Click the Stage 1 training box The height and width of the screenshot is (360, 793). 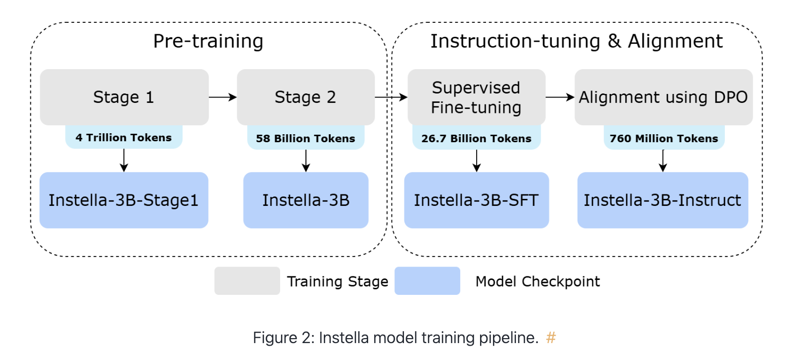click(x=124, y=97)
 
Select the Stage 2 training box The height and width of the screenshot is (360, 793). click(x=305, y=97)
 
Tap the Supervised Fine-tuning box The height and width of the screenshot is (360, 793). click(x=476, y=97)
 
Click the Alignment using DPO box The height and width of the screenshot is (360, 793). click(x=663, y=97)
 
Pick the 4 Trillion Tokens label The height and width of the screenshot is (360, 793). click(x=124, y=138)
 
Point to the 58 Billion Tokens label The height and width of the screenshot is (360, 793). click(x=305, y=138)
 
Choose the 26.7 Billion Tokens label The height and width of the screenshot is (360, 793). click(x=476, y=138)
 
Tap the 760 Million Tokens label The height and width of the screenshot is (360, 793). click(x=664, y=138)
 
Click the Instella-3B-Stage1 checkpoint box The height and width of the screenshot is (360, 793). click(x=124, y=200)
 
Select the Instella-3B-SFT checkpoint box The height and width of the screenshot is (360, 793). click(x=476, y=200)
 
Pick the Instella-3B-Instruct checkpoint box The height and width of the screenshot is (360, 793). click(x=662, y=200)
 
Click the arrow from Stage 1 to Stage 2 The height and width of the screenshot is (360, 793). click(x=222, y=97)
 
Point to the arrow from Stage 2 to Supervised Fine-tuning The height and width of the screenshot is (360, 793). click(x=391, y=97)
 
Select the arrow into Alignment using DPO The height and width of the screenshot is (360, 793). click(x=560, y=97)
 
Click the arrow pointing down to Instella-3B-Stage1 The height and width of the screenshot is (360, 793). click(x=124, y=160)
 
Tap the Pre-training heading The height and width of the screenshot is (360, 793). click(x=208, y=41)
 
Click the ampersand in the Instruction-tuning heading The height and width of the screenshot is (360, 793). click(x=614, y=41)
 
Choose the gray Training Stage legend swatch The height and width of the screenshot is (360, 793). click(x=247, y=281)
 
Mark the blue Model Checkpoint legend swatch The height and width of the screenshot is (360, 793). click(x=427, y=281)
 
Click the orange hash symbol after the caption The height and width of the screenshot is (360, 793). click(x=551, y=338)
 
